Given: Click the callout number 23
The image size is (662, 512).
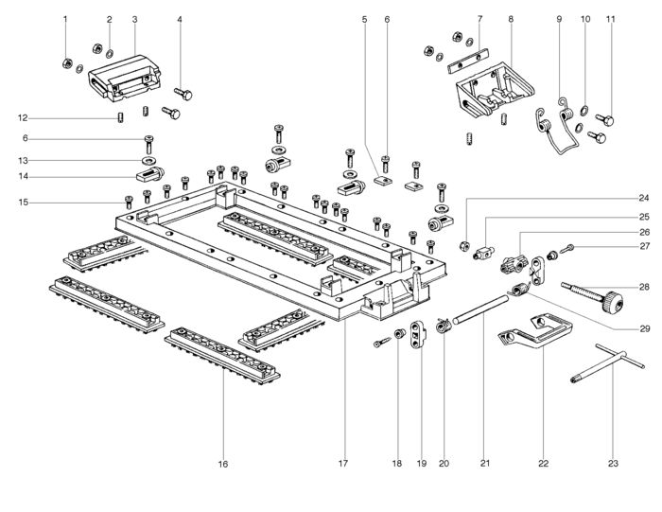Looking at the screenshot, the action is coord(613,464).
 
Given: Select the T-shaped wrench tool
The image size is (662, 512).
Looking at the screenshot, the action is coord(608,363).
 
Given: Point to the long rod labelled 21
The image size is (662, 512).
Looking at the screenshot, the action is coord(480,310).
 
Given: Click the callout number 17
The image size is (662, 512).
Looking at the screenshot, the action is coord(343,464).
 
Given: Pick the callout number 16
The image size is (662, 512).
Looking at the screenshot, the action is coord(223,465).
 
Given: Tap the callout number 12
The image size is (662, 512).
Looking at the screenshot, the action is coord(23,118).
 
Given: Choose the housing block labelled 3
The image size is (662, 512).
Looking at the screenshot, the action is coord(124,79).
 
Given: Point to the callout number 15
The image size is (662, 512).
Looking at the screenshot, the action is coord(24,203).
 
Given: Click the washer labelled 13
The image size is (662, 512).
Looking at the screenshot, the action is coord(148,161).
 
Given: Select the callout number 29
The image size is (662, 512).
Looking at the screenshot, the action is coord(645,328).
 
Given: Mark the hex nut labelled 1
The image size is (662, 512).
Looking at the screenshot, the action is coord(66,63).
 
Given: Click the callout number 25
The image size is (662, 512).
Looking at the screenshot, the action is coord(644,217).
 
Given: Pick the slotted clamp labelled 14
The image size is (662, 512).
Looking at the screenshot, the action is coord(149,174).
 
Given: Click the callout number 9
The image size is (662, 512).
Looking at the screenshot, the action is coord(560,19).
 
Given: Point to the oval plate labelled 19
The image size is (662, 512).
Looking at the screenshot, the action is coord(418,334).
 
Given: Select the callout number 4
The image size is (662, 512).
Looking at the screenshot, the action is coord(180,20).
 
